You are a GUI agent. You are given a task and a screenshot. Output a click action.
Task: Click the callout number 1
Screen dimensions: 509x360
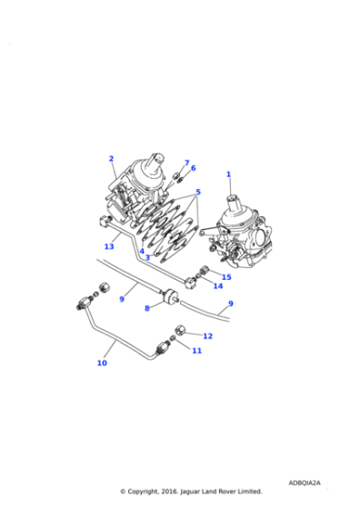pyautogui.click(x=229, y=174)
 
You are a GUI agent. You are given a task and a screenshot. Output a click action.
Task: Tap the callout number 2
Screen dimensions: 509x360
pyautogui.click(x=111, y=158)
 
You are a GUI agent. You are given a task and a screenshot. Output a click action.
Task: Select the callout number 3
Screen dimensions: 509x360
pyautogui.click(x=147, y=257)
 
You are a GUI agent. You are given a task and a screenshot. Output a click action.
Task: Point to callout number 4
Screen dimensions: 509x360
pyautogui.click(x=142, y=251)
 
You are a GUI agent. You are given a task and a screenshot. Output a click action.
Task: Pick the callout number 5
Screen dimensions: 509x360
pyautogui.click(x=198, y=192)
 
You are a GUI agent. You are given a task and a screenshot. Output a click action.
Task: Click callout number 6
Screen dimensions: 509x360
pyautogui.click(x=193, y=168)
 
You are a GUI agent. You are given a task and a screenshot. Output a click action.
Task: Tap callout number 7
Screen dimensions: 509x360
pyautogui.click(x=186, y=163)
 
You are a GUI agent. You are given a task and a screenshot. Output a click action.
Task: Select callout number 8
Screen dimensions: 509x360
pyautogui.click(x=146, y=308)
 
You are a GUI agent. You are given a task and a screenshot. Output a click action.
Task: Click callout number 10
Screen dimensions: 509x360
pyautogui.click(x=102, y=363)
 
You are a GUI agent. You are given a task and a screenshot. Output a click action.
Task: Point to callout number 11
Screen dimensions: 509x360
pyautogui.click(x=196, y=350)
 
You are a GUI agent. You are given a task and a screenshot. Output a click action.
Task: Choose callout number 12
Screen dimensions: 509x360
pyautogui.click(x=207, y=336)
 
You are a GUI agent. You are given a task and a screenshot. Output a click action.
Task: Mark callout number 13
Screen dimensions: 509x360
pyautogui.click(x=108, y=246)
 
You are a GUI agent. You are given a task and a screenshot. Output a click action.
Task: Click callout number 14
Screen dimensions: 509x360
pyautogui.click(x=218, y=286)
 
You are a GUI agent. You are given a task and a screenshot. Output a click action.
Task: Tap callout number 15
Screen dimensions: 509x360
pyautogui.click(x=226, y=277)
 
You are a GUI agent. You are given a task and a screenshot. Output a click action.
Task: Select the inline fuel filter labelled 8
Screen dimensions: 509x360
pyautogui.click(x=167, y=295)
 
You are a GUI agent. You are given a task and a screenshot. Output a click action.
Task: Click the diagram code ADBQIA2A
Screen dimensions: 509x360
pyautogui.click(x=306, y=484)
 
